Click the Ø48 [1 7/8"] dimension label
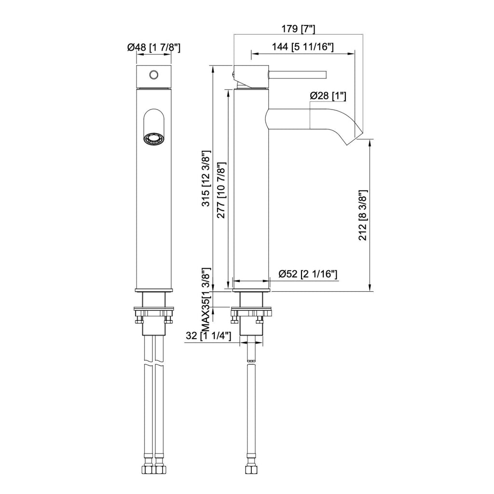point(154,48)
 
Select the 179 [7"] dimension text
point(298,29)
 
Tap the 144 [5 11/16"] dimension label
point(303,47)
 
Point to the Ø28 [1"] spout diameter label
point(328,96)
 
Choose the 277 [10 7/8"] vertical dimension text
point(221,190)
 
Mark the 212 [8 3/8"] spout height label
point(363,215)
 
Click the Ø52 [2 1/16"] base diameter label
point(308,274)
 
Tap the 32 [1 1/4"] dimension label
point(208,336)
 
